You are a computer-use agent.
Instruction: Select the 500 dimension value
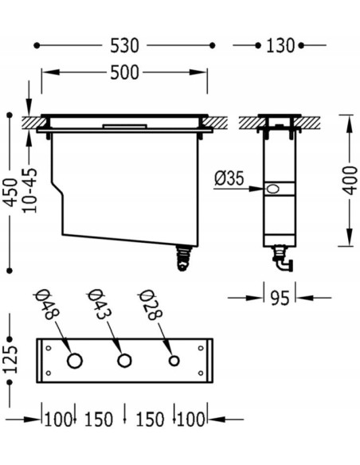coord(124,73)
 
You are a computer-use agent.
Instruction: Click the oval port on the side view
coord(273,190)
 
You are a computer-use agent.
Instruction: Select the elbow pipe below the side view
coord(283,258)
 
